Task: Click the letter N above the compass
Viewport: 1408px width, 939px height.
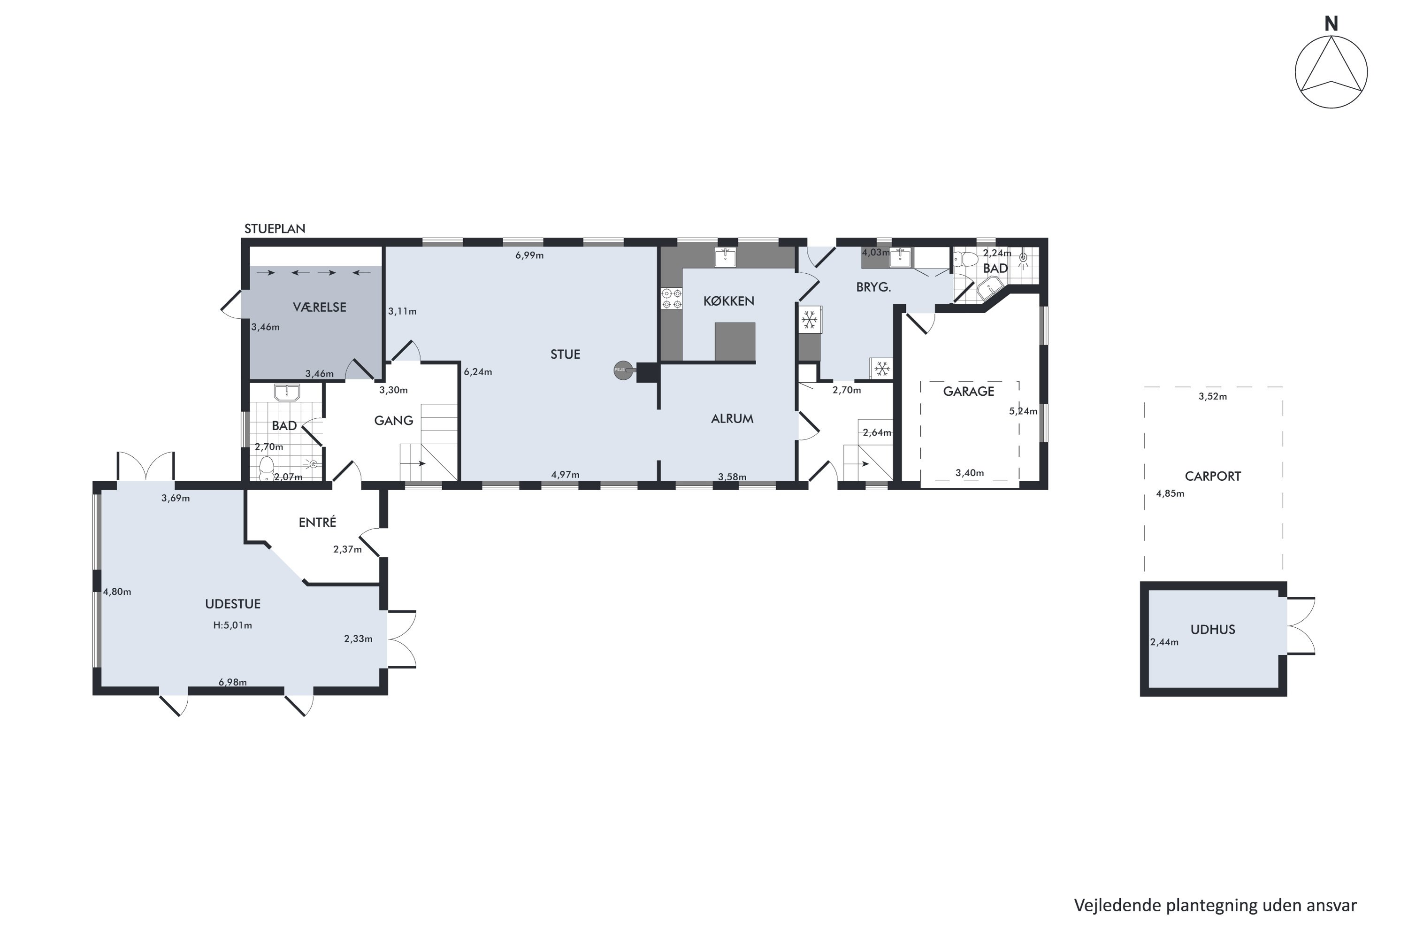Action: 1331,24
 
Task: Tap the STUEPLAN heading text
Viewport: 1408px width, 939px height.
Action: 275,229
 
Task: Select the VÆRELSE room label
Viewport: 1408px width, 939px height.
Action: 320,307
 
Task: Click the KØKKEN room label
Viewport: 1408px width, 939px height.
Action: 728,301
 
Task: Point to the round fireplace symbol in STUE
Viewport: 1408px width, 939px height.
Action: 623,370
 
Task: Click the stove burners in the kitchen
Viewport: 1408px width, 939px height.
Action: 672,299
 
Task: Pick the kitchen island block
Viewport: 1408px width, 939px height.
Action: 735,342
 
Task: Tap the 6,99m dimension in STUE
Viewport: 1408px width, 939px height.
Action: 529,256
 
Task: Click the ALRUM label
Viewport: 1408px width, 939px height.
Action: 732,419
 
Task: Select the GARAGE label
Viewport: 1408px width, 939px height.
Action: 969,392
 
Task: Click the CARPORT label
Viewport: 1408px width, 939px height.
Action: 1213,477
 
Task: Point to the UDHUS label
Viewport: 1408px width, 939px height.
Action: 1213,630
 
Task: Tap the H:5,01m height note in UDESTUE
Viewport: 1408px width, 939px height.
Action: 232,626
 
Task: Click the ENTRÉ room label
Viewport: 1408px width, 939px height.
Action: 317,522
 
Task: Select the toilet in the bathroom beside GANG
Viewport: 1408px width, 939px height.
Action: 267,468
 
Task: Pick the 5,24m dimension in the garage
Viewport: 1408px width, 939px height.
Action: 1023,411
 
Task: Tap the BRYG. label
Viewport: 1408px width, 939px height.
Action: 873,287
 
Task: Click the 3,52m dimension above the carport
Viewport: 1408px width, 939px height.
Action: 1213,396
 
